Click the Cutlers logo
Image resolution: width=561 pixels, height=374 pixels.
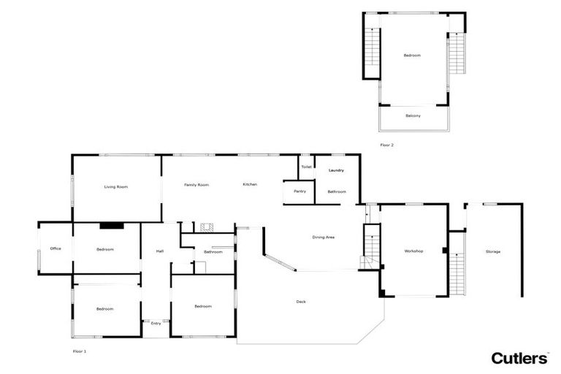pos(519,358)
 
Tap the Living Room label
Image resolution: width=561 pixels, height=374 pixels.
pos(116,187)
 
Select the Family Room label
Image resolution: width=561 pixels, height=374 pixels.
pos(196,185)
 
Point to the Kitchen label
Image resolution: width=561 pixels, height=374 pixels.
pos(250,184)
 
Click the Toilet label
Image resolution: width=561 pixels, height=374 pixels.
pos(306,167)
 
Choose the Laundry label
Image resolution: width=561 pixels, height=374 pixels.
pos(336,170)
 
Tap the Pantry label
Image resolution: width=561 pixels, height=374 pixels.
pos(299,191)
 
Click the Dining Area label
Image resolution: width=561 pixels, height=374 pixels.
pos(324,237)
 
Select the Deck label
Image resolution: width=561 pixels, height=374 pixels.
pos(301,302)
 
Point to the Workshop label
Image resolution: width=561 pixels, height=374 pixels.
pos(413,251)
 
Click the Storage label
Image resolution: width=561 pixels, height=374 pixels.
pos(493,252)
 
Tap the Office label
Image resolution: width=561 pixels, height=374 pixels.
pos(56,249)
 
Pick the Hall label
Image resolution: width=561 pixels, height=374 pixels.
pos(159,252)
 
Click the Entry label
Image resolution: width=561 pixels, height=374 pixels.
pos(156,322)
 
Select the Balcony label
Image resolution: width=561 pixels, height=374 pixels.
pos(413,116)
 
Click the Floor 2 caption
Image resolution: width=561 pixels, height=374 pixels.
pos(386,145)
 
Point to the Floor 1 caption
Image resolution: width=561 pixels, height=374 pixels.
pos(80,351)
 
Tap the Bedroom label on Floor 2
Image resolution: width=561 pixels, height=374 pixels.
pos(412,56)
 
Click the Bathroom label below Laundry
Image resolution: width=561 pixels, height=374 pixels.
pos(336,191)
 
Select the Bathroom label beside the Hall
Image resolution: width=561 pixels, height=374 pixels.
pos(213,252)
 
